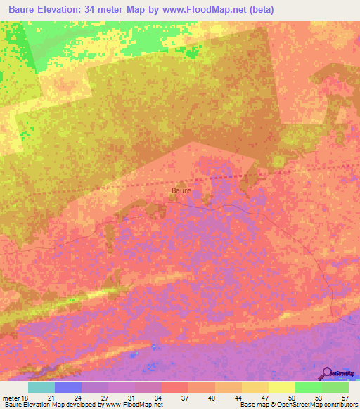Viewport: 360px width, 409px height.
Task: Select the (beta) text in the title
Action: [258, 10]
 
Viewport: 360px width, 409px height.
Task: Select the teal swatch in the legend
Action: [41, 387]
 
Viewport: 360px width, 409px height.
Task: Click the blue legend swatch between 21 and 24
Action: [68, 387]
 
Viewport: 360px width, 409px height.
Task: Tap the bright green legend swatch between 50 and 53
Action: [308, 387]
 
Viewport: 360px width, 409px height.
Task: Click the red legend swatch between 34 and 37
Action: [174, 387]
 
